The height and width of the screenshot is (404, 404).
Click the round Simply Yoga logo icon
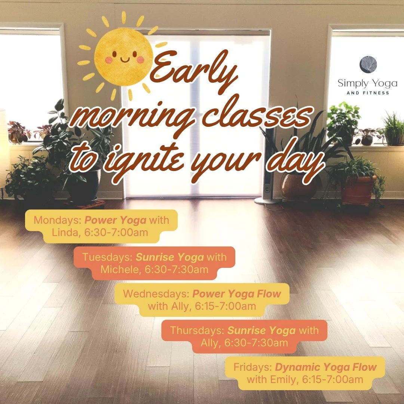coord(368,65)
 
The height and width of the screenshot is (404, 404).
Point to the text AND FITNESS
coord(367,93)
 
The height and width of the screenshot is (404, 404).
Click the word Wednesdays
coord(156,294)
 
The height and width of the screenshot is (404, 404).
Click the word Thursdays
coord(197,330)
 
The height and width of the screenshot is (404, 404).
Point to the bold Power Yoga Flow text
coord(236,294)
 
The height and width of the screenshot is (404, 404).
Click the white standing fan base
coord(267,201)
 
